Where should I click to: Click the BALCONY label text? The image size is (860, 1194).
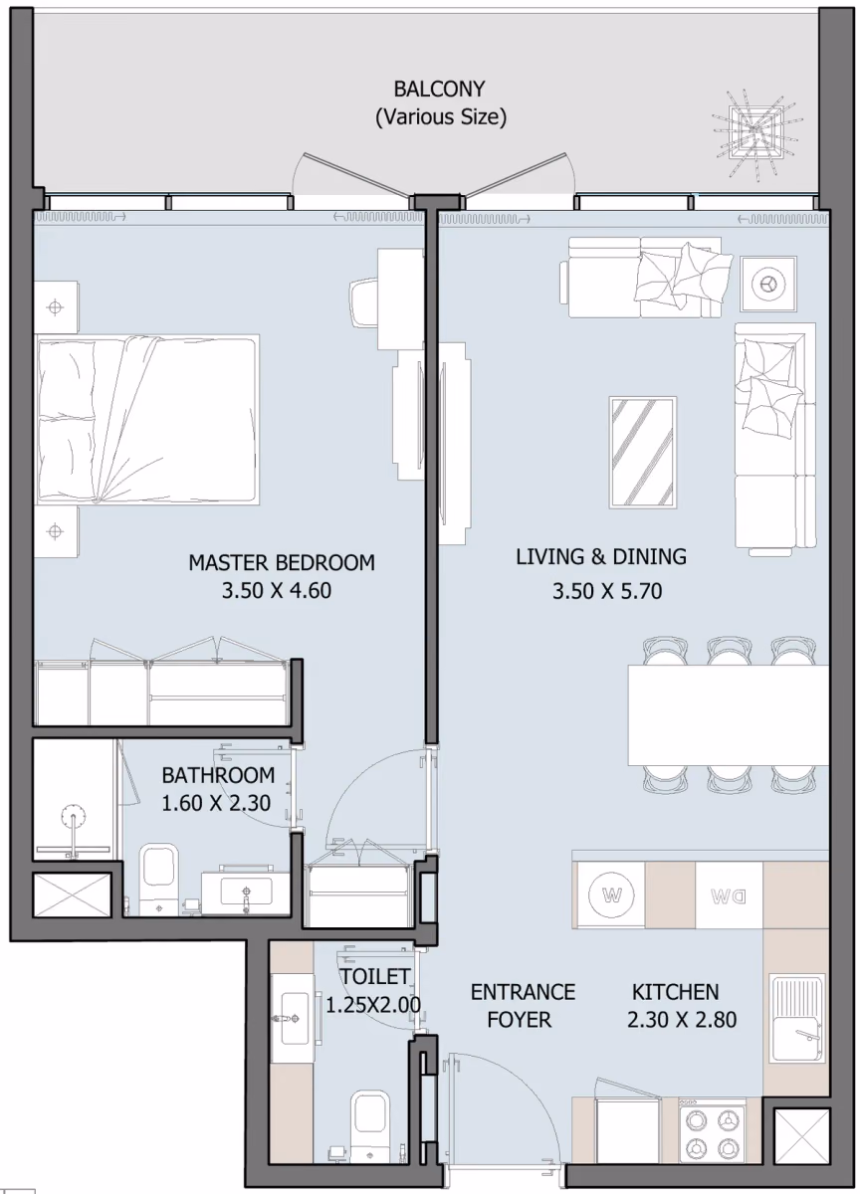pos(439,89)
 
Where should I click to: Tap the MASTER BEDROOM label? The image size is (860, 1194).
pos(282,563)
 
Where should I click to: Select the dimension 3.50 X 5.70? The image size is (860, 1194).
pos(607,591)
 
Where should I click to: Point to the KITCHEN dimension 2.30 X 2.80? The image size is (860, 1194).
pos(682,1020)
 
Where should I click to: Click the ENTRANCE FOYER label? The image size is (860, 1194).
pos(523,1006)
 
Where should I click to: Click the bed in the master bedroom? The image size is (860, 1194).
pos(147,420)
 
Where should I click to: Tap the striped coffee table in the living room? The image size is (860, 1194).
pos(643,452)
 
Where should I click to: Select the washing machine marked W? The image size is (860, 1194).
pos(611,895)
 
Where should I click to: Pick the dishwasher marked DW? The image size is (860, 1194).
pos(729,895)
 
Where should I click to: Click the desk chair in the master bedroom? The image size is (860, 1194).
pos(364,300)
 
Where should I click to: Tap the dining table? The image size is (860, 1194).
pos(728,714)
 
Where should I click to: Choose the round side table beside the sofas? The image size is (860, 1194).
pos(768,284)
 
